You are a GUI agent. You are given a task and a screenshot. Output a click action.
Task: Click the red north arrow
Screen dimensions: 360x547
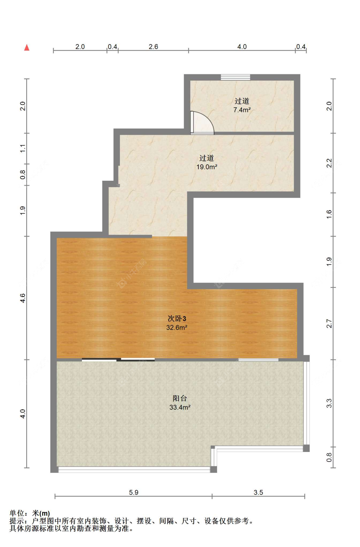point(27,47)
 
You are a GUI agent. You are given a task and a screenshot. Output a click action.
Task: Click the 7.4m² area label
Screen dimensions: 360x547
point(242,110)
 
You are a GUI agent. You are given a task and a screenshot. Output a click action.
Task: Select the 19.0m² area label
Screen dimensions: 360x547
point(207,167)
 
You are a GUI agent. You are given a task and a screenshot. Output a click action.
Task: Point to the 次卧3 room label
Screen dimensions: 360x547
point(177,319)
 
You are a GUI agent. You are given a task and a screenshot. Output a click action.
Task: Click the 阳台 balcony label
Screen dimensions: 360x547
point(180,398)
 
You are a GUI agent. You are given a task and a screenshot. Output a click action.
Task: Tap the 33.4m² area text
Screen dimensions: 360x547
point(180,407)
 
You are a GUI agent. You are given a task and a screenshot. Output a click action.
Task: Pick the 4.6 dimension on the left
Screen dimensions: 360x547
point(22,298)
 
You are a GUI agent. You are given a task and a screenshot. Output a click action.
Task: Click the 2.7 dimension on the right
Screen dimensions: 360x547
point(329,324)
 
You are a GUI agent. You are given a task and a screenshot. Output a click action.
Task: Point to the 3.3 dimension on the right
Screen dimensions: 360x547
point(329,403)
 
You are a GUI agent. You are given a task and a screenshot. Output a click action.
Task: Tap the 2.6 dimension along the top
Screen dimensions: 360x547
point(154,47)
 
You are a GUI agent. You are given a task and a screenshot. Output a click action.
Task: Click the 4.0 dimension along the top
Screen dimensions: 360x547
point(242,47)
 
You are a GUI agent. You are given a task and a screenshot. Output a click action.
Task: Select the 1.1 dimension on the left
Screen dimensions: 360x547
point(22,149)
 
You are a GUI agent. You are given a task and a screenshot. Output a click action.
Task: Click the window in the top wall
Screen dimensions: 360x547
point(236,77)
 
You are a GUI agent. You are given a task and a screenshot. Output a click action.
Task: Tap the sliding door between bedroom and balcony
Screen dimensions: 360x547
point(118,359)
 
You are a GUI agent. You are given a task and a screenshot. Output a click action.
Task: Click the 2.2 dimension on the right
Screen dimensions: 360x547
point(329,163)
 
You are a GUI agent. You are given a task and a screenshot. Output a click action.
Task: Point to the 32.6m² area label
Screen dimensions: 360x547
point(177,327)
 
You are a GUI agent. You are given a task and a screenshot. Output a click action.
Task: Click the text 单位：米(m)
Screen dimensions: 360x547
point(29,513)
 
